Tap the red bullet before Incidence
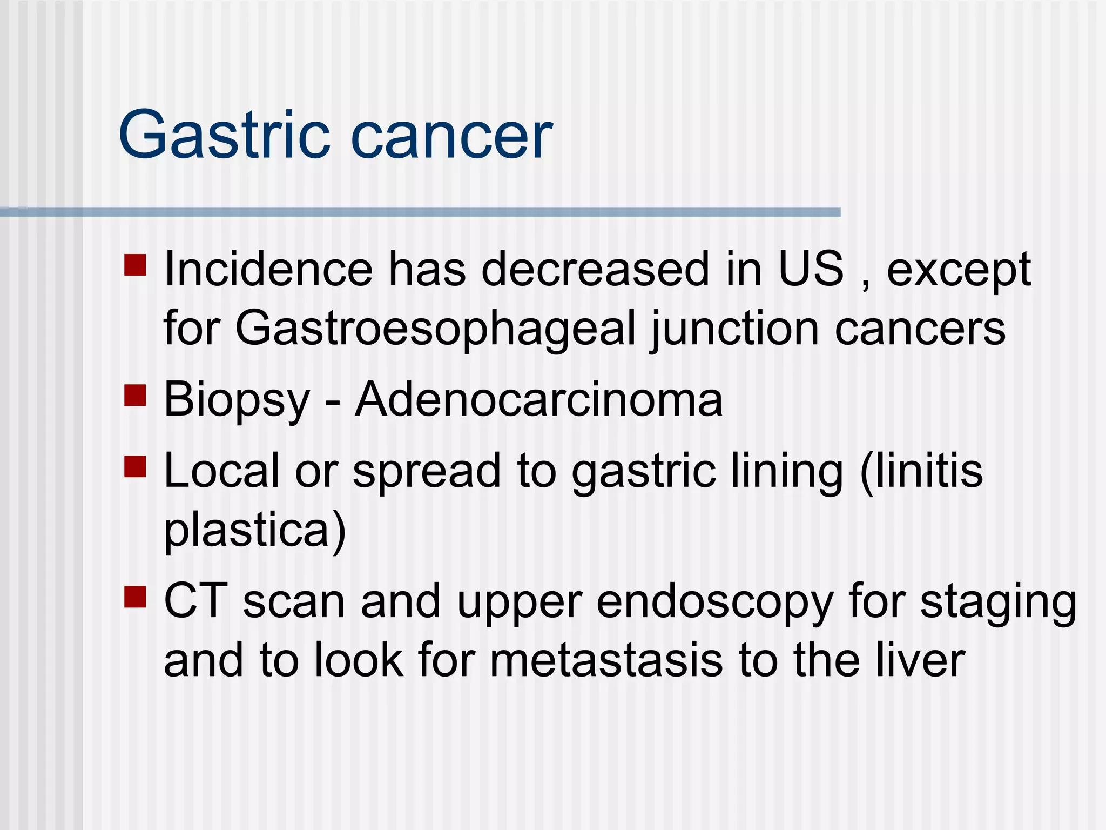(x=135, y=265)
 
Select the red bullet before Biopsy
(x=135, y=395)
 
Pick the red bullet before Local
(x=135, y=467)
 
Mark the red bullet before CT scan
(x=135, y=597)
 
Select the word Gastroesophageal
(x=435, y=330)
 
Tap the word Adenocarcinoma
(x=538, y=400)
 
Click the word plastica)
(x=254, y=531)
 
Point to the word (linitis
(x=921, y=471)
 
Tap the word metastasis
(x=606, y=660)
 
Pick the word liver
(x=920, y=660)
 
